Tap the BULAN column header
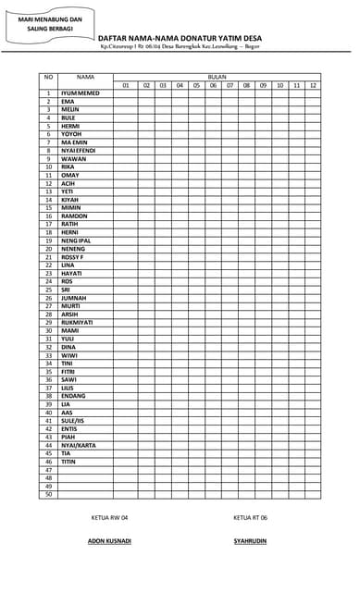coord(217,77)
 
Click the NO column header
coord(48,77)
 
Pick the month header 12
coord(313,85)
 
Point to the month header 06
coord(213,85)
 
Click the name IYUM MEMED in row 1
coord(81,93)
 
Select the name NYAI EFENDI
coord(79,151)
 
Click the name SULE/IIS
coord(73,421)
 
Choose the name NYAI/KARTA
coord(78,446)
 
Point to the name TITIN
coord(68,462)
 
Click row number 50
coord(48,495)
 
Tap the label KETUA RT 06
coord(251,518)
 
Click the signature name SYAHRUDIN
coord(251,540)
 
